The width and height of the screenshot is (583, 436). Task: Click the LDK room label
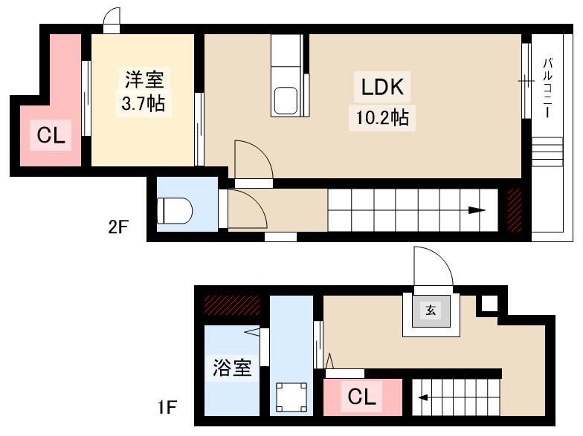pyautogui.click(x=382, y=88)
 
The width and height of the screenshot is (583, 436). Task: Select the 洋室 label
pyautogui.click(x=143, y=78)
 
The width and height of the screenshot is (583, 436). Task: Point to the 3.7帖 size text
pyautogui.click(x=143, y=104)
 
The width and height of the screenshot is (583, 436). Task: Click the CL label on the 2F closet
pyautogui.click(x=51, y=135)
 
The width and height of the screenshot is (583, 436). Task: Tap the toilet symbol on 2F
pyautogui.click(x=175, y=211)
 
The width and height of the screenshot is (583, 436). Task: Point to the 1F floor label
pyautogui.click(x=167, y=408)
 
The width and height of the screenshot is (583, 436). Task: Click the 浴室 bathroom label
pyautogui.click(x=232, y=368)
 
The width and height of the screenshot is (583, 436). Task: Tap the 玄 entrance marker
pyautogui.click(x=431, y=311)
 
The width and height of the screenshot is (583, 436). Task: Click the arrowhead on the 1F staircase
pyautogui.click(x=422, y=397)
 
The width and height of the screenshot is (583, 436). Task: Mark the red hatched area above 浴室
pyautogui.click(x=231, y=305)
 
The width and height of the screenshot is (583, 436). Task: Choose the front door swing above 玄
pyautogui.click(x=429, y=267)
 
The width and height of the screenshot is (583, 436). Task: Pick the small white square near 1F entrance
pyautogui.click(x=488, y=303)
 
